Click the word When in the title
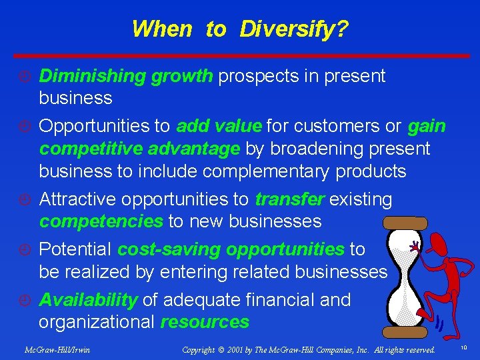point(162,29)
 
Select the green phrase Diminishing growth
point(126,76)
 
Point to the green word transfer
point(289,199)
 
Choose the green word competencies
point(100,221)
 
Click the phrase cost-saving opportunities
point(231,249)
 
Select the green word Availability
point(89,300)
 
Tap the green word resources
point(205,322)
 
